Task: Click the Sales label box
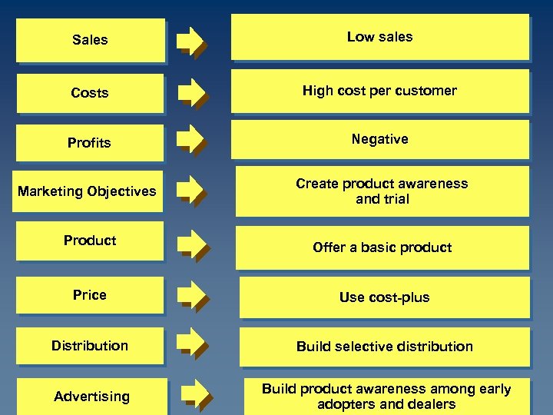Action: (x=90, y=40)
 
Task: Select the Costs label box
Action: (x=90, y=93)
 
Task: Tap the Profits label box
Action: (x=90, y=143)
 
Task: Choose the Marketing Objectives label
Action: (x=87, y=191)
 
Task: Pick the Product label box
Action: (x=90, y=241)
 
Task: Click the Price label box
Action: (x=90, y=295)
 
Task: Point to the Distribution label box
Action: (x=90, y=346)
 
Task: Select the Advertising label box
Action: (x=91, y=397)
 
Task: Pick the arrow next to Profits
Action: (x=190, y=141)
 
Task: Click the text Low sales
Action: (x=379, y=37)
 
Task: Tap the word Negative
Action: (x=379, y=139)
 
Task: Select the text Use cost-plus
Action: (x=384, y=297)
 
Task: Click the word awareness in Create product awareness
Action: (x=434, y=184)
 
